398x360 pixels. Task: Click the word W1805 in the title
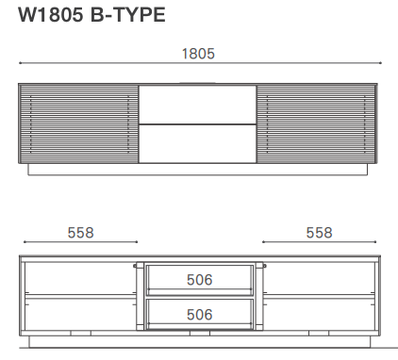pos(50,14)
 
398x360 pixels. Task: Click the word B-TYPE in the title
pos(131,14)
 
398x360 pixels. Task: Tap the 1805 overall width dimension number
pos(198,54)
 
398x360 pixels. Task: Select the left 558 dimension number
pos(80,232)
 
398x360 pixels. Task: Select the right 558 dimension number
pos(320,232)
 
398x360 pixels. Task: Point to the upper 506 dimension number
pos(199,280)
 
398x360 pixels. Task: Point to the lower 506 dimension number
pos(199,314)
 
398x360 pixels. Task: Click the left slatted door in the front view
pos(78,123)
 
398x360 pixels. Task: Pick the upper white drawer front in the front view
pos(198,104)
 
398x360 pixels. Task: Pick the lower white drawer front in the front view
pos(198,142)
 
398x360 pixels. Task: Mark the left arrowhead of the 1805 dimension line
pos(21,63)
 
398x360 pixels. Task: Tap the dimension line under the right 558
pos(320,242)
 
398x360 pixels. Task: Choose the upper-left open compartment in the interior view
pos(78,278)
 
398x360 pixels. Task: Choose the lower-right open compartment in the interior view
pos(319,314)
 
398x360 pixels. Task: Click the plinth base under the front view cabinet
pos(198,171)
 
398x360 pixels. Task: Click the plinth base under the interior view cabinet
pos(198,341)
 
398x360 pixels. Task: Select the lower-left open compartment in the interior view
pos(78,314)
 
